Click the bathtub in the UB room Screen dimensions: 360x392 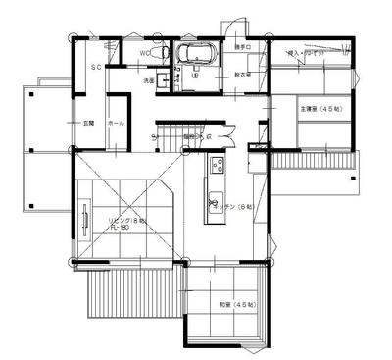pos(187,53)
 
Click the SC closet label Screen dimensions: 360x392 pos(96,68)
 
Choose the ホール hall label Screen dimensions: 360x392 pos(114,124)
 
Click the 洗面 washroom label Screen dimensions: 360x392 pos(150,80)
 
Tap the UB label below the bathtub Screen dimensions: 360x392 pos(195,75)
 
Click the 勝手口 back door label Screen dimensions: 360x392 pos(243,47)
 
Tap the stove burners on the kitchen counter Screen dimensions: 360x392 pos(218,165)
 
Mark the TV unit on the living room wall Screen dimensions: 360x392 pos(86,224)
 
